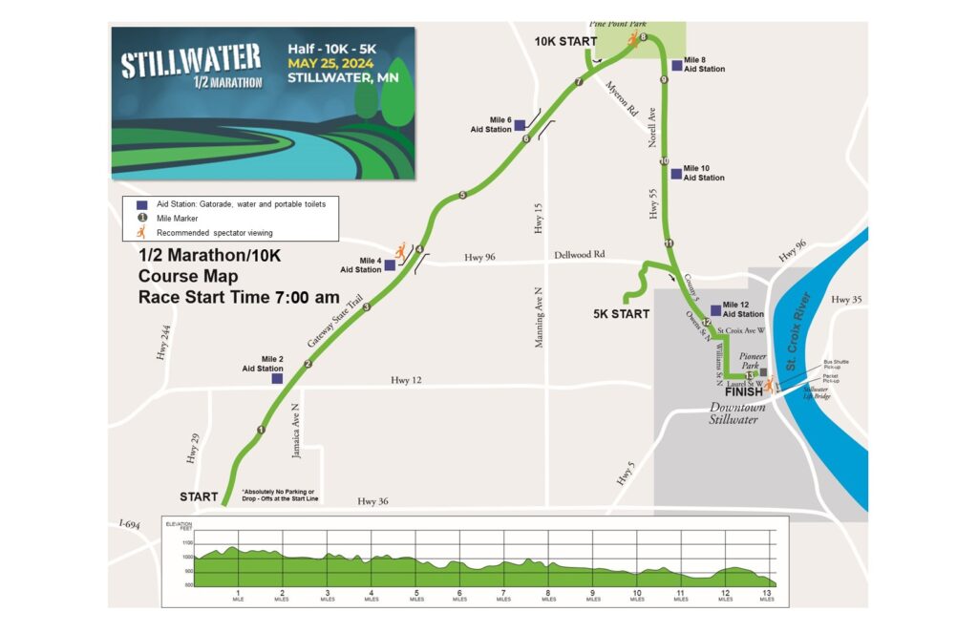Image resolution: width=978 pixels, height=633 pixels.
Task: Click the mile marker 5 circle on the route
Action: (x=462, y=196)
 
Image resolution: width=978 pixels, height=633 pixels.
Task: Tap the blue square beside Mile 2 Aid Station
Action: (x=277, y=379)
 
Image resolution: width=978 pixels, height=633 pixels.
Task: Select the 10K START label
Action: (x=565, y=42)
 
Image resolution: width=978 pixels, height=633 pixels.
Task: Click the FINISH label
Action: (x=744, y=391)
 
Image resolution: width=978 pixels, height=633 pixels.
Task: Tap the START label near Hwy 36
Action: (x=199, y=496)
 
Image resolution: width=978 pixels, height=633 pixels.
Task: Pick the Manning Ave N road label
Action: (x=540, y=315)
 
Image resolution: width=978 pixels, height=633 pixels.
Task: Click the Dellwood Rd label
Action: (x=579, y=256)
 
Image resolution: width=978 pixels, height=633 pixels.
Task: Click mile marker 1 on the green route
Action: (x=260, y=430)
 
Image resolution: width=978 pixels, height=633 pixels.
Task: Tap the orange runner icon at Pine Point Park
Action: (x=632, y=39)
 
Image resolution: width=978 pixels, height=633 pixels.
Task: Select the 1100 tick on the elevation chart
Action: (x=186, y=542)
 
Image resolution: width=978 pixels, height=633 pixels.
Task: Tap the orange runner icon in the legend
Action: (x=140, y=232)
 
